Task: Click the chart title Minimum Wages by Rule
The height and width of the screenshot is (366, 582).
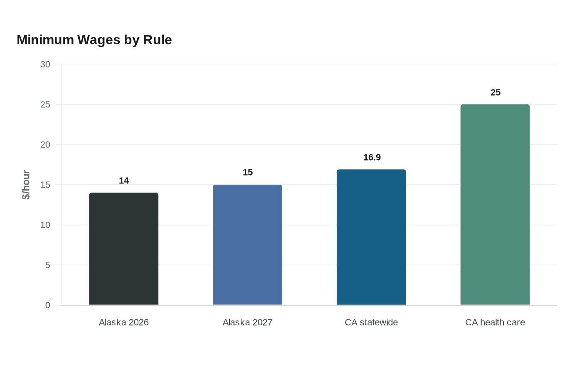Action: [94, 40]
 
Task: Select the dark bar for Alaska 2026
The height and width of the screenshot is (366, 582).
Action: [124, 249]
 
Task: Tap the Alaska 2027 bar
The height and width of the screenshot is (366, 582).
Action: [248, 245]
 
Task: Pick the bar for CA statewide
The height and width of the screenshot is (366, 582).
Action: [371, 237]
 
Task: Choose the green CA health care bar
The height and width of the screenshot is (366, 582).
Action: [495, 205]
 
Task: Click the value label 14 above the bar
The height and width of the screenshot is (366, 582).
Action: [124, 181]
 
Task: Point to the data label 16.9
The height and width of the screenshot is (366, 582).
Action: [372, 157]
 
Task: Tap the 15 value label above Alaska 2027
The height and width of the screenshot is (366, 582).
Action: [248, 172]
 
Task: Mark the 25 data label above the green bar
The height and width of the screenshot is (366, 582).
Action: [496, 92]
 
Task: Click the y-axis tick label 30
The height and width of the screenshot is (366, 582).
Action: [45, 64]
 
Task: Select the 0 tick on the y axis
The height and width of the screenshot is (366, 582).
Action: [48, 305]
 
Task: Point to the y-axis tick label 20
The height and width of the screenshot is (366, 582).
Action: [45, 145]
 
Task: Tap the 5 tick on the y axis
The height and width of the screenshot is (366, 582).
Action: [48, 265]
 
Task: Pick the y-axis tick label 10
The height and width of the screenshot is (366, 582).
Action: [45, 225]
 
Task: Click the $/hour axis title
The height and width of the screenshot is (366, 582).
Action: [26, 185]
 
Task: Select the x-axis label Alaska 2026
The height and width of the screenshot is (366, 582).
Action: [124, 322]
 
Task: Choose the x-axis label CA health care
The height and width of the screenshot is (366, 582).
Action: [495, 322]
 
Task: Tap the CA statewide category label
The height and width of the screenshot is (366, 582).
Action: [371, 322]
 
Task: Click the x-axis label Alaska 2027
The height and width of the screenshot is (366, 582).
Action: [248, 322]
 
